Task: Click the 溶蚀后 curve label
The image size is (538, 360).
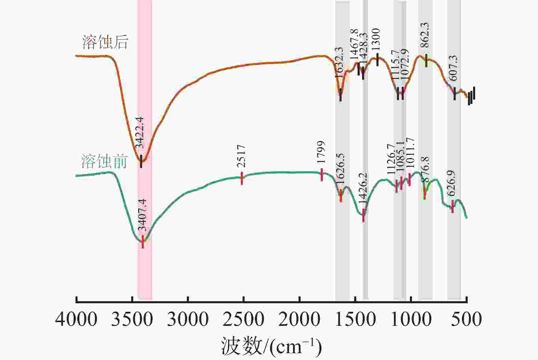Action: [105, 42]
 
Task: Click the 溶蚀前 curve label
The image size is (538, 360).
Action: [105, 161]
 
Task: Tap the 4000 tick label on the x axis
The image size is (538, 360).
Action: [76, 319]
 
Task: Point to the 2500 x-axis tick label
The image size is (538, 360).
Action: [243, 319]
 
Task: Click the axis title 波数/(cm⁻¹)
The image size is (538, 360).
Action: [272, 346]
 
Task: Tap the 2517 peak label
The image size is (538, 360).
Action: [242, 156]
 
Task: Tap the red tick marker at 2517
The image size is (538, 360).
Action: [242, 178]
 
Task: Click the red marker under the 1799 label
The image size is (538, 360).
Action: [322, 175]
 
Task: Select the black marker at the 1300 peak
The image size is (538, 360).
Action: [377, 60]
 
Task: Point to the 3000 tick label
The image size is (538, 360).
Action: [188, 319]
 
